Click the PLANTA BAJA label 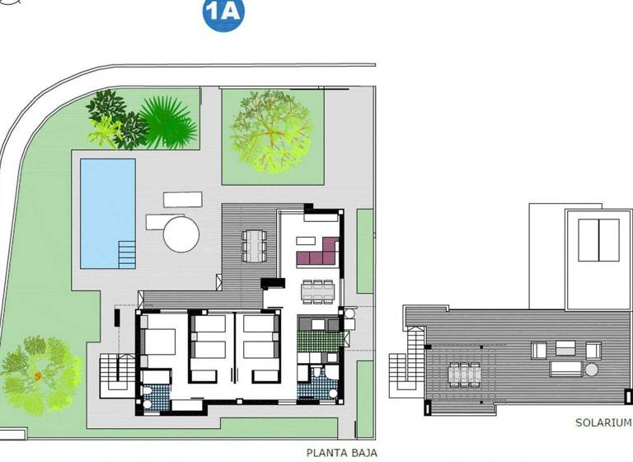pyautogui.click(x=342, y=452)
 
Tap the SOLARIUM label pyautogui.click(x=603, y=422)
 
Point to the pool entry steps pyautogui.click(x=127, y=252)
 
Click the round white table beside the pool pyautogui.click(x=181, y=233)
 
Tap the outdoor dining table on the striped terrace pyautogui.click(x=254, y=245)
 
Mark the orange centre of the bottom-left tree pyautogui.click(x=38, y=375)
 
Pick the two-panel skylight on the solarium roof pyautogui.click(x=598, y=239)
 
